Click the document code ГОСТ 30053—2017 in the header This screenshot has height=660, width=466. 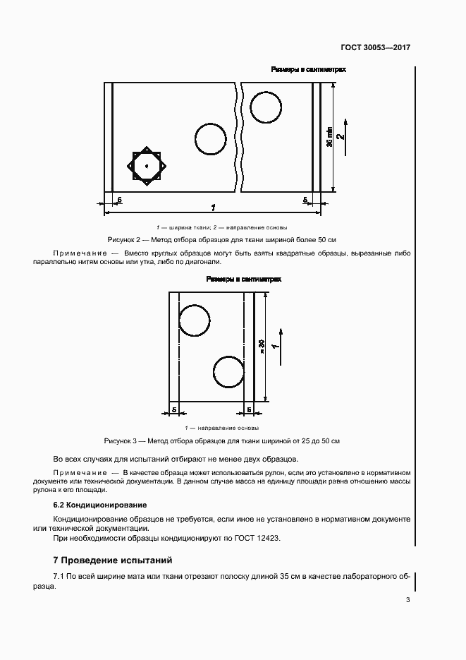tap(376, 48)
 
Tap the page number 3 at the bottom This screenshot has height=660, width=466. tap(407, 600)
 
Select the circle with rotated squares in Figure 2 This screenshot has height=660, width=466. tap(147, 166)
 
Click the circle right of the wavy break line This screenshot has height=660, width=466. tap(266, 107)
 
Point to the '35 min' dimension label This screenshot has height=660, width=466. tap(329, 136)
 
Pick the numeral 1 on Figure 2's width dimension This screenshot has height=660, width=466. tap(213, 208)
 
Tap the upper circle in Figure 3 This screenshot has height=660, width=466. tap(195, 320)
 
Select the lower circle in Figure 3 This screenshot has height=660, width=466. tap(228, 371)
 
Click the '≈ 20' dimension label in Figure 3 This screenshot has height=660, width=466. tap(262, 347)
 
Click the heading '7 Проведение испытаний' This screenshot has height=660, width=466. tap(113, 560)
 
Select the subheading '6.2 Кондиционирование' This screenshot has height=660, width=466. tap(100, 505)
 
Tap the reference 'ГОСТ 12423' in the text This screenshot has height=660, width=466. tap(258, 538)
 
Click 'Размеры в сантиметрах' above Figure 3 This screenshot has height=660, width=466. tap(243, 279)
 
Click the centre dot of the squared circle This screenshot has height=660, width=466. tap(147, 166)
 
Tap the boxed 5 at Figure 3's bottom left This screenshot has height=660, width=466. tap(173, 409)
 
